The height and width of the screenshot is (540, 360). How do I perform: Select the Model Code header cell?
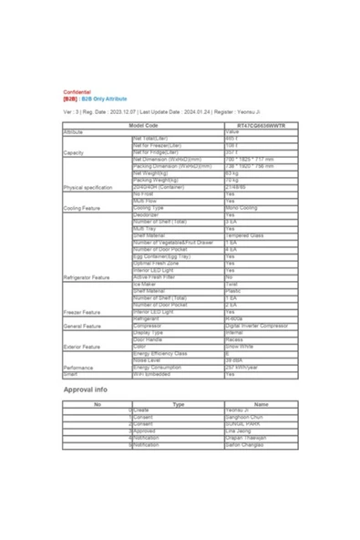click(143, 125)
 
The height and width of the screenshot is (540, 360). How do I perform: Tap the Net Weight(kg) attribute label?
click(151, 173)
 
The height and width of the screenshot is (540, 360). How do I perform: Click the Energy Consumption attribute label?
click(159, 367)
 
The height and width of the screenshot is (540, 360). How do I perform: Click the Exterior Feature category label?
click(83, 347)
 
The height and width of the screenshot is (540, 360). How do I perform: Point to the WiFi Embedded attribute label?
click(151, 374)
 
